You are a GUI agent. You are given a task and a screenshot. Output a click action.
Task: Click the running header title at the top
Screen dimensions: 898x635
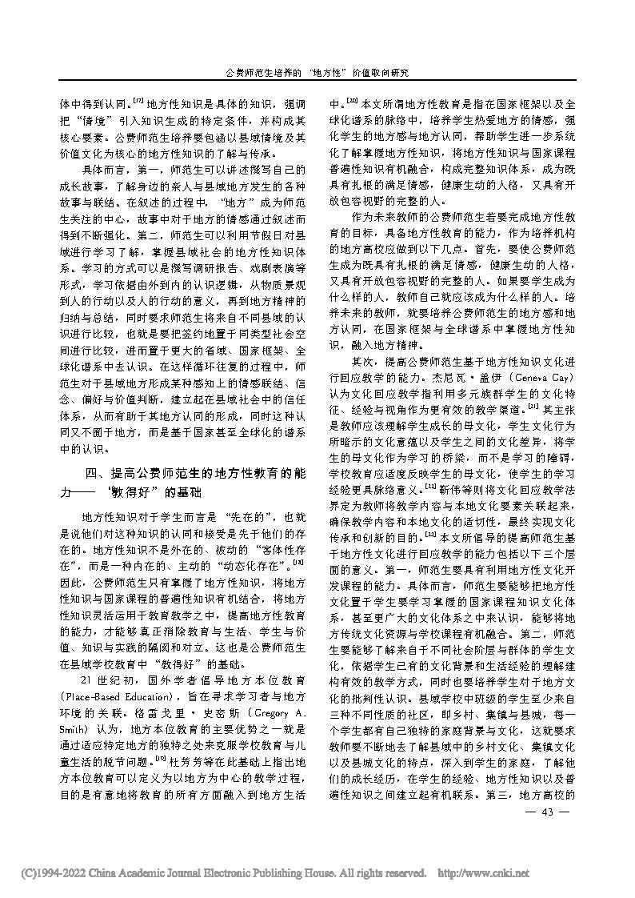(317, 72)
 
